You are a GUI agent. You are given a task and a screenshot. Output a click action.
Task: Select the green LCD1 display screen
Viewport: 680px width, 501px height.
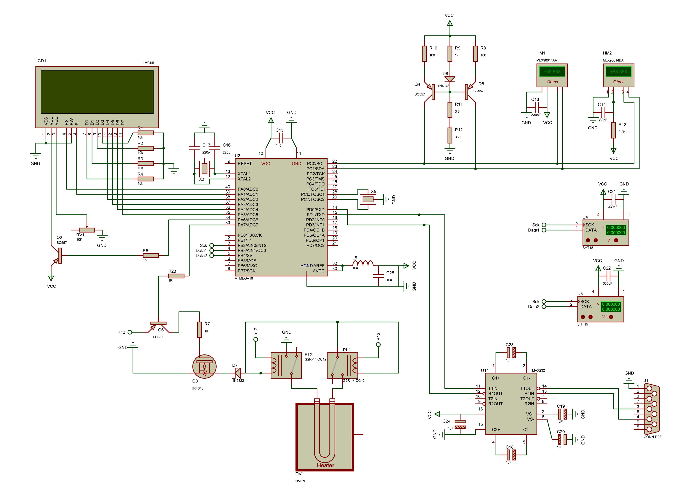tap(97, 92)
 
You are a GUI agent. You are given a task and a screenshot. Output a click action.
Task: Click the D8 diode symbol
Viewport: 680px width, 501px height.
tap(450, 79)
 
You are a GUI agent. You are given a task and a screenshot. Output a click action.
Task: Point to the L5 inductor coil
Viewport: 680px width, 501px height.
tap(363, 263)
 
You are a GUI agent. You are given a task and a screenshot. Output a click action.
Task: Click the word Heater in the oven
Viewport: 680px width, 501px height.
tap(325, 465)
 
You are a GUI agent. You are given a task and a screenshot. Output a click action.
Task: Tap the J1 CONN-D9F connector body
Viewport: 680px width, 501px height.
tap(651, 408)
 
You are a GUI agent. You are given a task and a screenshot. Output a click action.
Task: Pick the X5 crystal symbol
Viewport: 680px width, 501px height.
tap(368, 199)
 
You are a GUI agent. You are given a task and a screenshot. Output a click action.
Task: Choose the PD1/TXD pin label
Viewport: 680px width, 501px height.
tap(315, 215)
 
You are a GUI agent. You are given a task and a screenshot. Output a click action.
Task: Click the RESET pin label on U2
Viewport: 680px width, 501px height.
tap(244, 163)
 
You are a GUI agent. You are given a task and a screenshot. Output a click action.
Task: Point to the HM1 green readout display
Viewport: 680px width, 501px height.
tap(552, 72)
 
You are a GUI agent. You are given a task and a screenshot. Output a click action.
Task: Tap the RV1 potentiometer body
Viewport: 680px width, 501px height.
tap(87, 230)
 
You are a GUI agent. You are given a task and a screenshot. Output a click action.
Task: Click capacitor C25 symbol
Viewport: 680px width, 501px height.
tap(378, 276)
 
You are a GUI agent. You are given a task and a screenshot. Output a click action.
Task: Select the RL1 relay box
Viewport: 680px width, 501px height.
tap(342, 365)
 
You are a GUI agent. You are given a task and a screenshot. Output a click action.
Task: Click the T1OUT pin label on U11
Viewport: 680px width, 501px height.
tap(527, 388)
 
